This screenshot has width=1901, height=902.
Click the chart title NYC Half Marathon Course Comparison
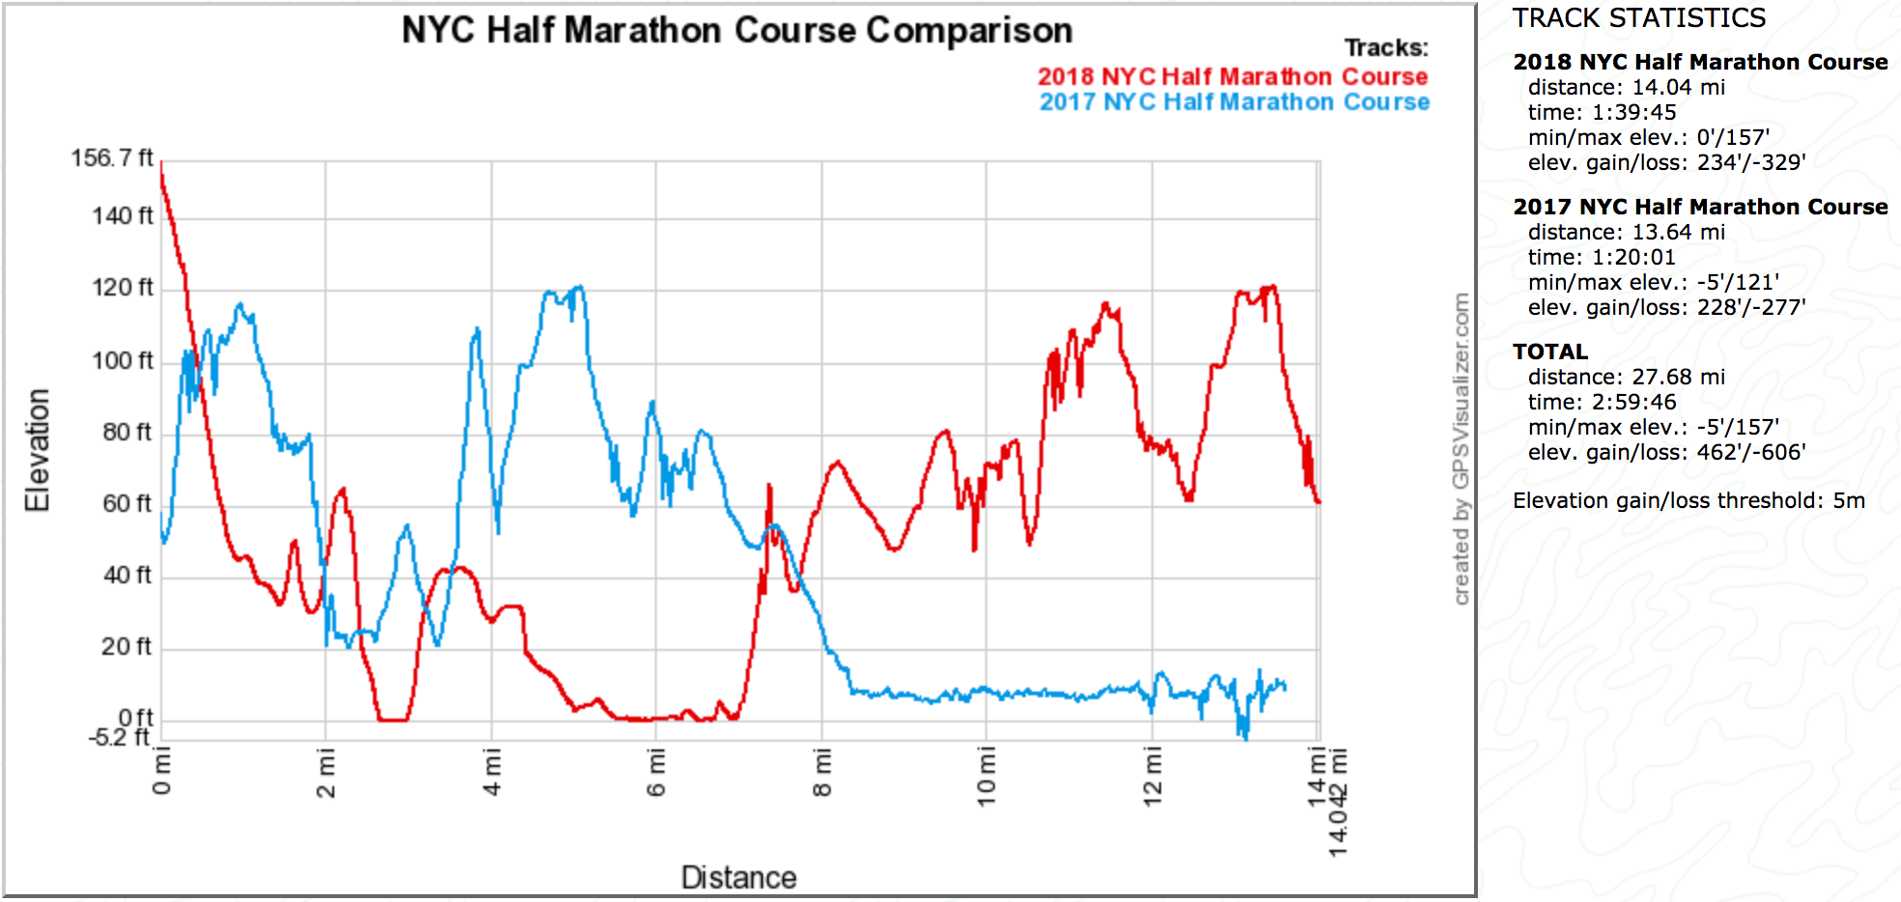[737, 31]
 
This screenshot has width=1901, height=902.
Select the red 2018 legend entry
[1233, 77]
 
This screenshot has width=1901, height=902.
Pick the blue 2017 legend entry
[1234, 102]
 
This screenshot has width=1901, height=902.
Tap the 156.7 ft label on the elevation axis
[111, 158]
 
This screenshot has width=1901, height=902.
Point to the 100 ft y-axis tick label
[122, 361]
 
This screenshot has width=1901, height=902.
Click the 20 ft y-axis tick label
[126, 647]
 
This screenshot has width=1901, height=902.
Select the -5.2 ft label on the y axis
[119, 738]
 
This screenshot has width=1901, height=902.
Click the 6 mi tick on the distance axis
[657, 773]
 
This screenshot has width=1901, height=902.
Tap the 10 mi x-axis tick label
[986, 776]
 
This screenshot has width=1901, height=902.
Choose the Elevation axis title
[37, 450]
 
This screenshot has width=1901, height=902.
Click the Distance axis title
[739, 877]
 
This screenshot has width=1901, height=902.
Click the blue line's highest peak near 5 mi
[580, 287]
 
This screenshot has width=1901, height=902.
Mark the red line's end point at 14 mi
[1318, 502]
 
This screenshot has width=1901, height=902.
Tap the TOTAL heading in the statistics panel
[1549, 352]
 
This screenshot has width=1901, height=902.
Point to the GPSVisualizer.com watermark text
[1461, 449]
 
